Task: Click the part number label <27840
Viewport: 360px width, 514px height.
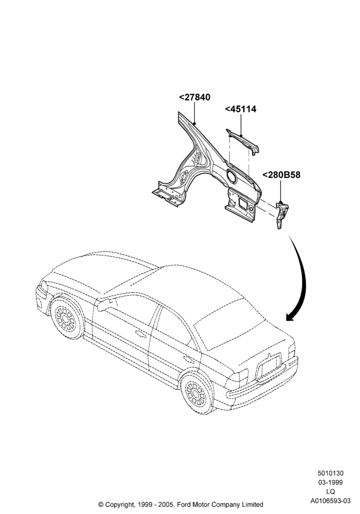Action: [x=194, y=97]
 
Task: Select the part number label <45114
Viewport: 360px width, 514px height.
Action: [x=240, y=109]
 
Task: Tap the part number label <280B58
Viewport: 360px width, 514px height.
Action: [x=281, y=175]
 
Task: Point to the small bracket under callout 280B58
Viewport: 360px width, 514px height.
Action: [x=281, y=215]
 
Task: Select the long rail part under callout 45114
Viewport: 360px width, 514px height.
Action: [x=243, y=142]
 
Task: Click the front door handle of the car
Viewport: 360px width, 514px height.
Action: [x=141, y=334]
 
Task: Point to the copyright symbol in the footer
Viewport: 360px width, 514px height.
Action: [x=101, y=505]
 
